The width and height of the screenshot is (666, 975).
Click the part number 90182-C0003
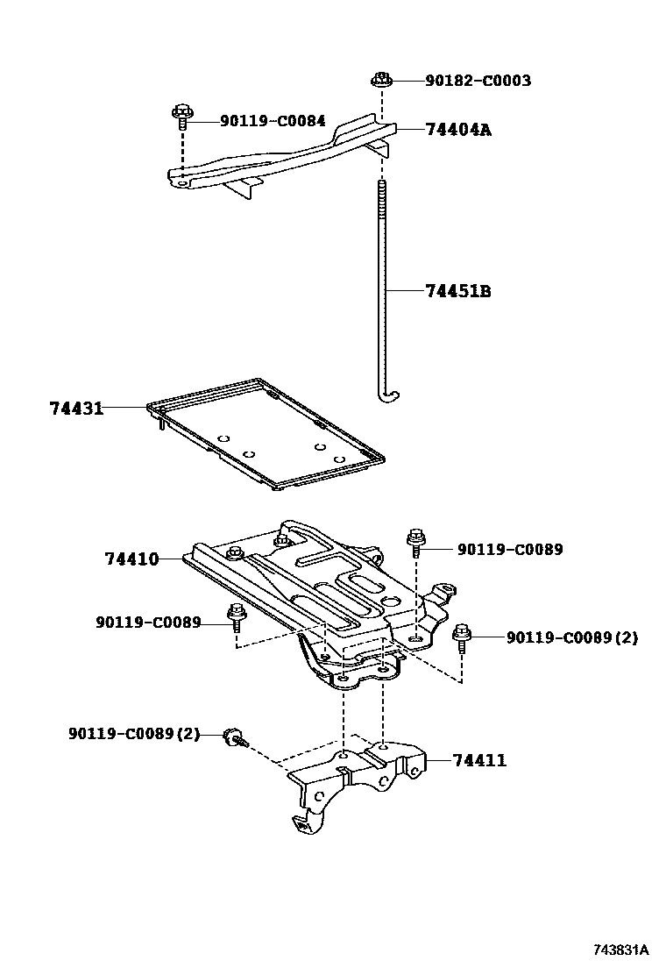[478, 81]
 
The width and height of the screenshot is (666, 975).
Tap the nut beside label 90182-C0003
[380, 80]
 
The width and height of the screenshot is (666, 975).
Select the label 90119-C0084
[273, 121]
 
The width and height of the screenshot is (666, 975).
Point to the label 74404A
[457, 130]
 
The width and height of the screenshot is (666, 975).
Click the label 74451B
[457, 291]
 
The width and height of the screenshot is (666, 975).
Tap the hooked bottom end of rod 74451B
[386, 399]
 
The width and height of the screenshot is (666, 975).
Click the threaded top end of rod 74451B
[383, 193]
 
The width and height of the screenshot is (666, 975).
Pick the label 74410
[131, 559]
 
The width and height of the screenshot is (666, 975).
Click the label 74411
[479, 760]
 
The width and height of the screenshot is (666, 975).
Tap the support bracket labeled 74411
[351, 776]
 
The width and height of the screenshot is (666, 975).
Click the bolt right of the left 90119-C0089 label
[235, 616]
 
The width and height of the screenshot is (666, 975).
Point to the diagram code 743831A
[619, 950]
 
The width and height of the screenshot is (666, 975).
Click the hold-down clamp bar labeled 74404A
[280, 158]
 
